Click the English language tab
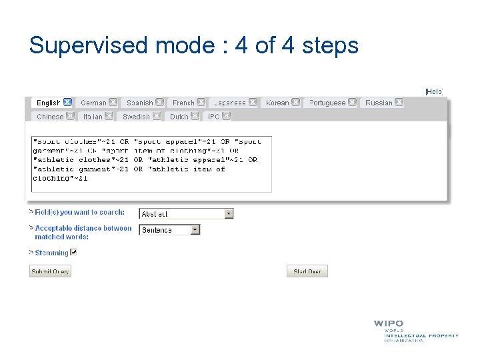48,103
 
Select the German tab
93,103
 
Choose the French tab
183,103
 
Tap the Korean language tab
277,103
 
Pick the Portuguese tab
327,103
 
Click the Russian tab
379,103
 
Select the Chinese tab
50,116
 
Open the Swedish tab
136,116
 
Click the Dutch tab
179,116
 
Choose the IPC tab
213,116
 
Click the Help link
434,91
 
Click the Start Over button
307,271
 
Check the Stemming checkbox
74,252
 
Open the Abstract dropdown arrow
229,214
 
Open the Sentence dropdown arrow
195,230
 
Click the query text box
152,164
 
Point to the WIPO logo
389,324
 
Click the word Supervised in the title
89,45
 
